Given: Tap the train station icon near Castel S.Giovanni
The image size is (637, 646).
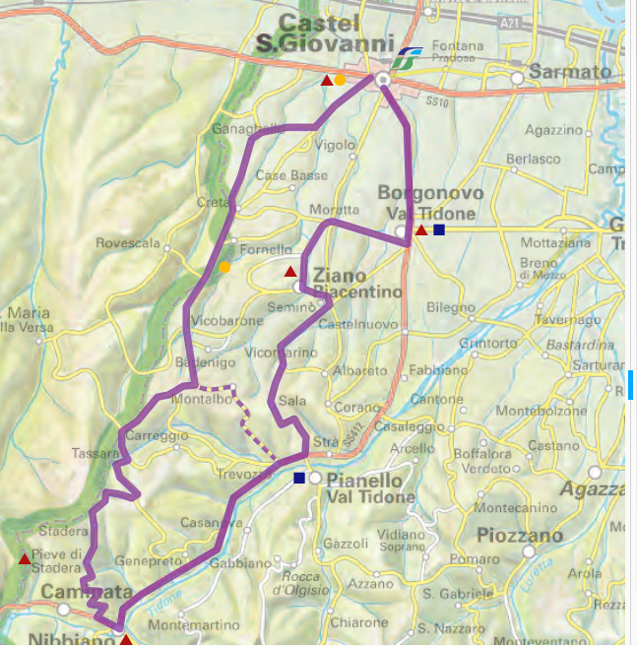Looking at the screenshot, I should click(405, 57).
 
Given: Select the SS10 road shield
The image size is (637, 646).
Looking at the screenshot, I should click(437, 100).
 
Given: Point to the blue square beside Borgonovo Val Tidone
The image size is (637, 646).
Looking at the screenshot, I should click(439, 230).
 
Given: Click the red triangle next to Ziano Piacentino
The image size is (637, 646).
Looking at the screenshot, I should click(290, 271).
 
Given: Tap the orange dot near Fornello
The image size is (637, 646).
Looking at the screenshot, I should click(224, 267).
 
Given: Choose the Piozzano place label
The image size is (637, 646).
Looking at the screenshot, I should click(520, 537).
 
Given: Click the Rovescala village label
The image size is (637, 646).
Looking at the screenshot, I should click(128, 243).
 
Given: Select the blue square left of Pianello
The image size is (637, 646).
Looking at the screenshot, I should click(299, 479).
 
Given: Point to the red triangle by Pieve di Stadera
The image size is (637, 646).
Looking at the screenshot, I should click(25, 559).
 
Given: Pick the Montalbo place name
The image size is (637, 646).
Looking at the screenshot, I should click(200, 399).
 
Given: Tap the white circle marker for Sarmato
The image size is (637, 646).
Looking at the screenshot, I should click(516, 76).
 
